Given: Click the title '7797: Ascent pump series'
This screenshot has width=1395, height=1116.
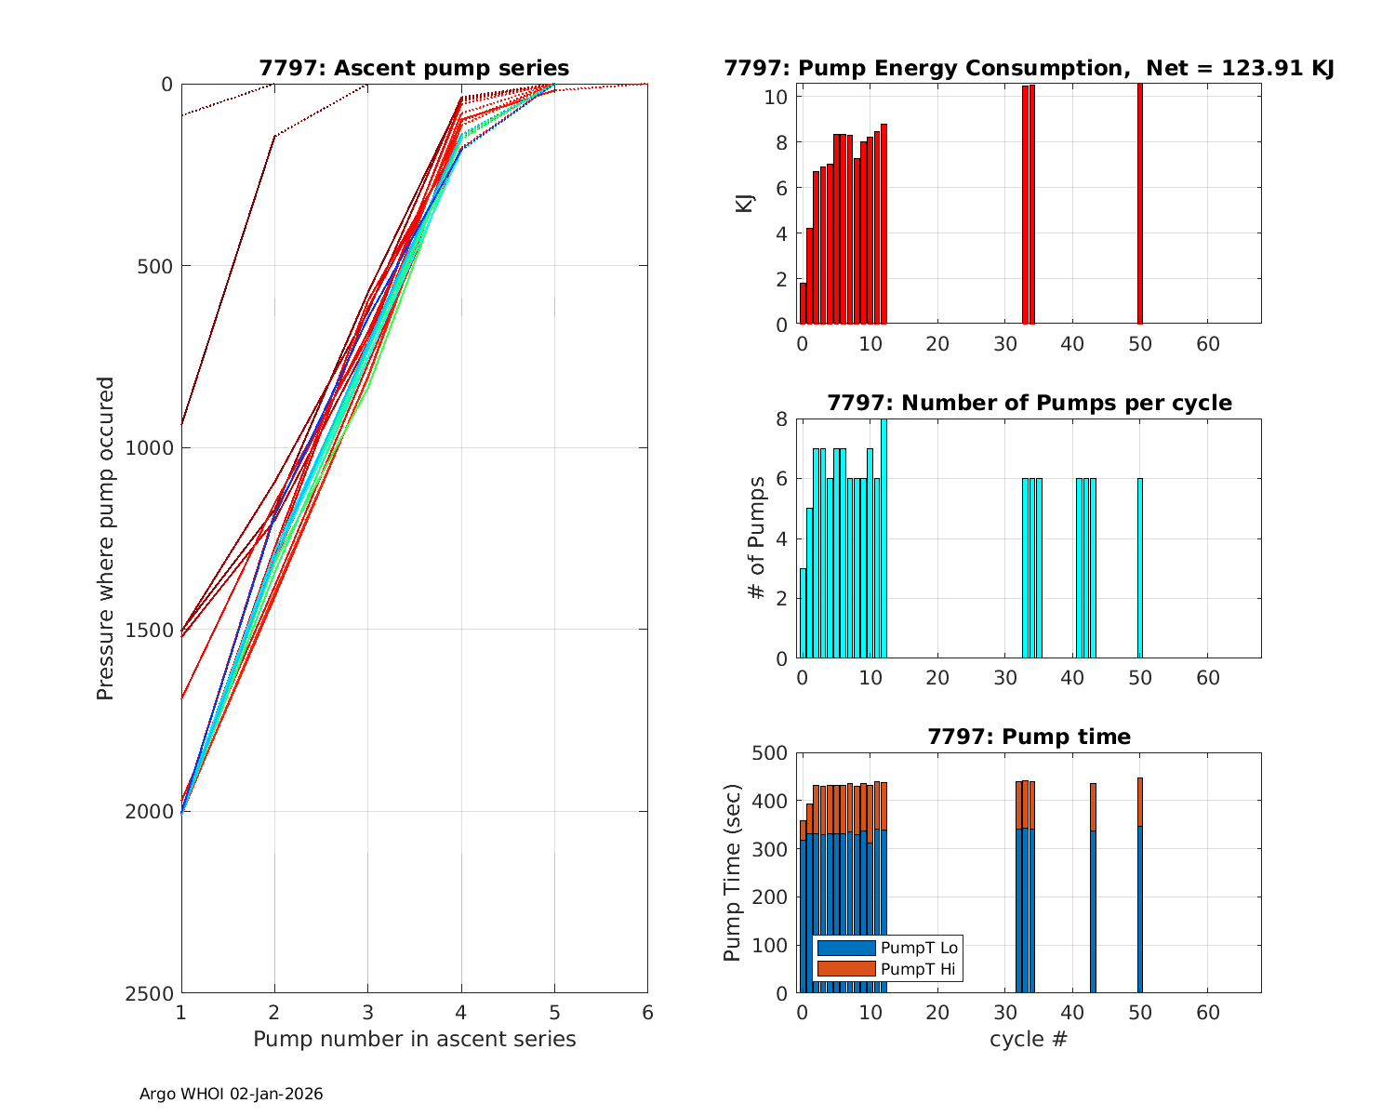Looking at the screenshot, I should (x=414, y=68).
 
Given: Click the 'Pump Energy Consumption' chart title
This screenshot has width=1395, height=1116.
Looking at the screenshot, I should (x=1029, y=68).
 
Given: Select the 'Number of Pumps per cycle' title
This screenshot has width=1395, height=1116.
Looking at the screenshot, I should (x=1029, y=403).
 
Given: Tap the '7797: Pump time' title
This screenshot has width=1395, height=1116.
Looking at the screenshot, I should (x=1029, y=737).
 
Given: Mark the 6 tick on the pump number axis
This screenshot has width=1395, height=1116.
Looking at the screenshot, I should (x=647, y=1012).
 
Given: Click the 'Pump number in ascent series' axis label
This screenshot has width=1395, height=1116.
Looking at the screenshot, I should (x=414, y=1039).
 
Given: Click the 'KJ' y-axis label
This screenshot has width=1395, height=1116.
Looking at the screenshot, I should (x=744, y=203).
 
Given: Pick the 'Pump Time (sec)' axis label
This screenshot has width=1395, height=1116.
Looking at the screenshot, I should (x=733, y=872).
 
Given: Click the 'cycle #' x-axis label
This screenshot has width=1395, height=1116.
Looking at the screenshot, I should (x=1029, y=1039).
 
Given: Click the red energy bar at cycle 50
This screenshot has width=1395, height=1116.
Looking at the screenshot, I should (x=1140, y=205).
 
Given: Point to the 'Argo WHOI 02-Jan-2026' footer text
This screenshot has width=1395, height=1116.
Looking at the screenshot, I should (x=232, y=1095).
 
